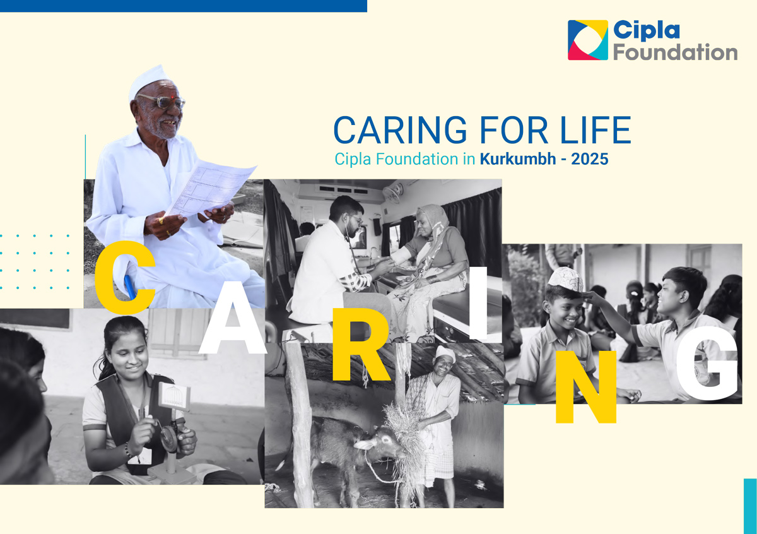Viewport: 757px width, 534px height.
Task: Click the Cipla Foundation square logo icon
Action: [588, 40]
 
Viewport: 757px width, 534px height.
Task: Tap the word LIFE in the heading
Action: [596, 130]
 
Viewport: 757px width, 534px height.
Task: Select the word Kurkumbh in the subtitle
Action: [518, 158]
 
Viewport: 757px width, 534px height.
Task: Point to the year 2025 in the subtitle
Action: [590, 159]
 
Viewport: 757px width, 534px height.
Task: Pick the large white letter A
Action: [233, 317]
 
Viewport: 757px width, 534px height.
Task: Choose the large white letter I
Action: [478, 303]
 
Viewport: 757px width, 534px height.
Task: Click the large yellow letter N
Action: [585, 387]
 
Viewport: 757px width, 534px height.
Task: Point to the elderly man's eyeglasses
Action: [163, 101]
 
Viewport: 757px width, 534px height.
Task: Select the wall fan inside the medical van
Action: [393, 193]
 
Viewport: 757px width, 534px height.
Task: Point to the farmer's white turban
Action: [445, 353]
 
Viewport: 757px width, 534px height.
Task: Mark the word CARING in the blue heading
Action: [400, 130]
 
